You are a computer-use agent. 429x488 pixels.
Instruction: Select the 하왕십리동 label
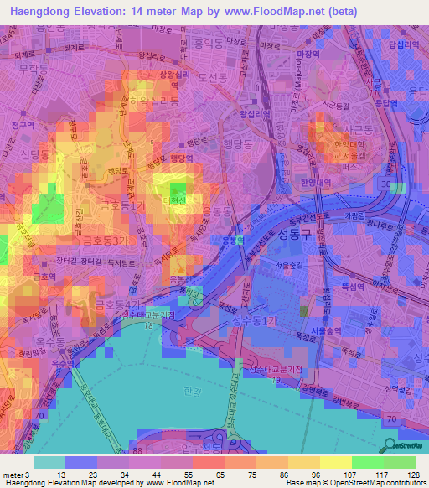[x=154, y=100]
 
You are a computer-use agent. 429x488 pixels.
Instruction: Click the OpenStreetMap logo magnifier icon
[x=387, y=444]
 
